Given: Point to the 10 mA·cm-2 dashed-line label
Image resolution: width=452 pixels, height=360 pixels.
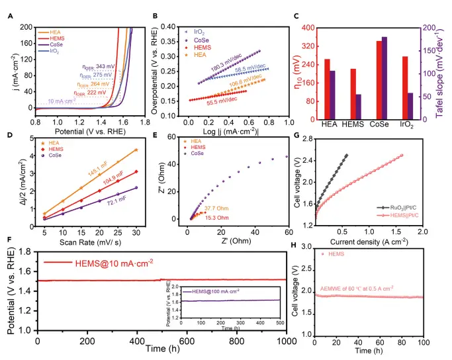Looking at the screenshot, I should click(x=50, y=101).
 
